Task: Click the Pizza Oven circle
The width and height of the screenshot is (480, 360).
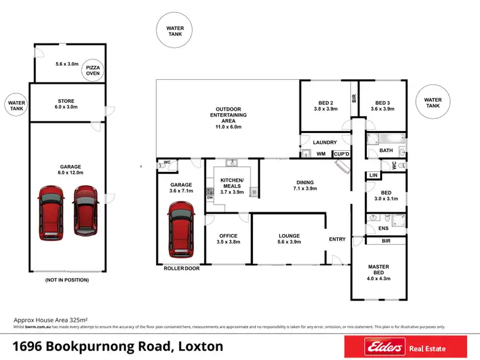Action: click(93, 70)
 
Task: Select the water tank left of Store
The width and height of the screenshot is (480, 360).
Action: click(16, 105)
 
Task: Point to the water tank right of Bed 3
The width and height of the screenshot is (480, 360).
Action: click(433, 103)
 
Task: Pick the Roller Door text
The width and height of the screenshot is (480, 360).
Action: click(182, 269)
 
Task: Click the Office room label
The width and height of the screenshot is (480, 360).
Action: click(228, 239)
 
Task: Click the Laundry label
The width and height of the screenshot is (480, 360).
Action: click(325, 143)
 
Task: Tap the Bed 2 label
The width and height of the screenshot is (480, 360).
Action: click(325, 106)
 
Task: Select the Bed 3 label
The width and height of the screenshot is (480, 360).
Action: click(382, 106)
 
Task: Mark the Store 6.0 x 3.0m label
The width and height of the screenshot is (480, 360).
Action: click(67, 104)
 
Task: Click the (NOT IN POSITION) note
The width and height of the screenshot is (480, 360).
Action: click(67, 280)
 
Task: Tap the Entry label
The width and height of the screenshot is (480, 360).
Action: click(337, 239)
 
